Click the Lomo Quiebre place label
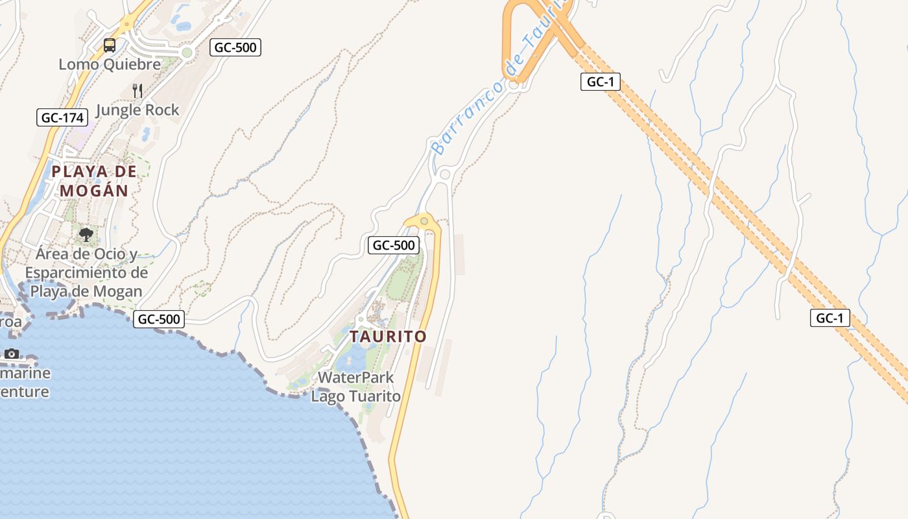tap(110, 64)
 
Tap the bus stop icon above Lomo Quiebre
tap(110, 45)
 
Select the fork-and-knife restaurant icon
tap(137, 90)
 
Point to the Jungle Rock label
tap(137, 110)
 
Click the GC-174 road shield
tap(62, 117)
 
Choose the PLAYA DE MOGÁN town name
tap(95, 181)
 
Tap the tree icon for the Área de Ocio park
tap(86, 234)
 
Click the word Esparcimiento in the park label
tap(86, 272)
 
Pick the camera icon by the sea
tap(12, 354)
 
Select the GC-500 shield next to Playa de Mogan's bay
tap(159, 319)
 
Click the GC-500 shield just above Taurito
tap(394, 245)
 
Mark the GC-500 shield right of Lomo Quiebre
tap(235, 47)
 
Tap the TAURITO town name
tap(388, 337)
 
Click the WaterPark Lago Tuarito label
tap(356, 386)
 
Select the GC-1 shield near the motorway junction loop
tap(601, 82)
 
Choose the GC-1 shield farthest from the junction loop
tap(830, 318)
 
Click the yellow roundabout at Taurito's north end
tap(424, 222)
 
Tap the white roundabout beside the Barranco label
tap(445, 174)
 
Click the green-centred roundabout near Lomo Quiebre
tap(187, 53)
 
